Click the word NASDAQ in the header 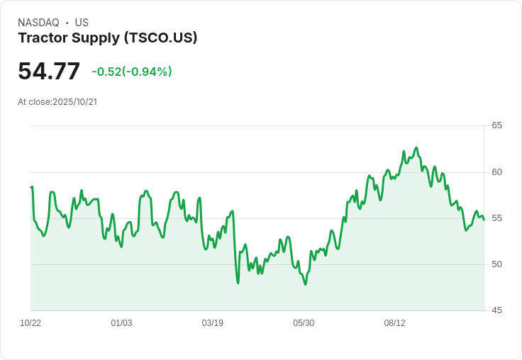point(38,23)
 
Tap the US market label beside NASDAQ point(82,23)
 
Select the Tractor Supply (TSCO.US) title point(108,38)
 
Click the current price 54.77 point(49,72)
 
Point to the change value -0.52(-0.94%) point(132,72)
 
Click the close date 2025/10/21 point(74,102)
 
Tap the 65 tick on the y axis point(496,125)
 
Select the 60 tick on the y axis point(496,172)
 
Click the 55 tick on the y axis point(496,218)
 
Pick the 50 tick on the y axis point(496,264)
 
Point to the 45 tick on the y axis point(496,310)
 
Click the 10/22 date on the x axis point(30,323)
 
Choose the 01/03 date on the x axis point(121,323)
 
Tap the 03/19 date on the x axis point(212,323)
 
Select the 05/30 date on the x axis point(304,323)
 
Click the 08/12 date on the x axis point(394,323)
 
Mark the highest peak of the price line point(416,147)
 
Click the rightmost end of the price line point(484,220)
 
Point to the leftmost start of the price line point(31,187)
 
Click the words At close point(34,102)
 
